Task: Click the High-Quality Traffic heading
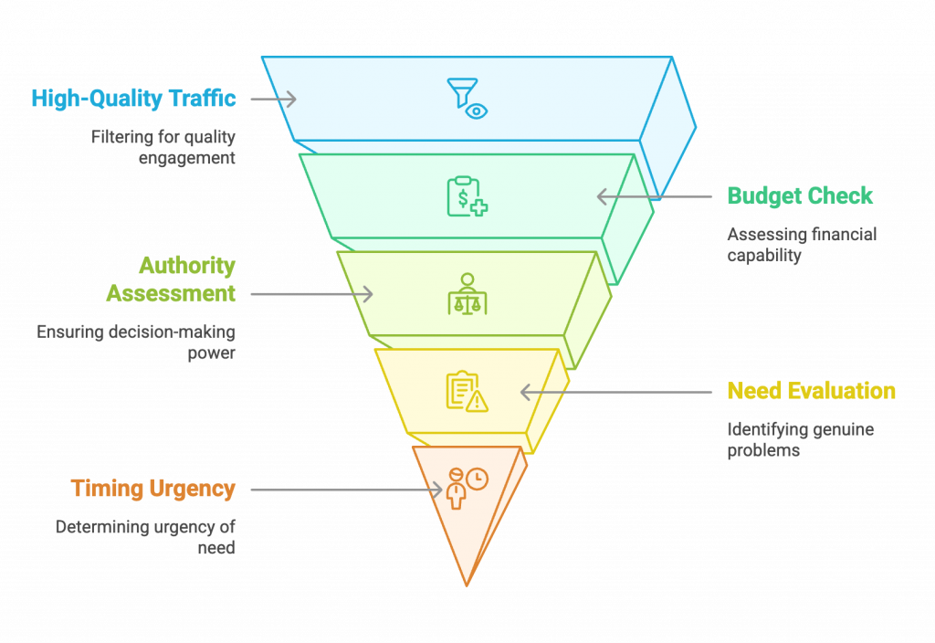[x=134, y=99]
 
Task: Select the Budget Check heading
[x=800, y=196]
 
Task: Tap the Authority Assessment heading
[x=171, y=280]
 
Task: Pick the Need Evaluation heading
[x=811, y=392]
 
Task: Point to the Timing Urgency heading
[x=153, y=490]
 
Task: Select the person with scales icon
[x=467, y=294]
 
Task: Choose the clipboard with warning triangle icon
[x=467, y=392]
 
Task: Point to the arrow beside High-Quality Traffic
[x=273, y=99]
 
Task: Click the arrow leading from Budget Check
[x=654, y=196]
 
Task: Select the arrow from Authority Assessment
[x=311, y=294]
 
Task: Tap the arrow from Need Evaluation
[x=616, y=392]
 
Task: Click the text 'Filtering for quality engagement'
[x=163, y=147]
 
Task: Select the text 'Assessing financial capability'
[x=802, y=245]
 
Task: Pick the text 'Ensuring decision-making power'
[x=136, y=343]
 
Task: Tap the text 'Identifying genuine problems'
[x=800, y=439]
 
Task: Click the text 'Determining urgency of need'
[x=145, y=537]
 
